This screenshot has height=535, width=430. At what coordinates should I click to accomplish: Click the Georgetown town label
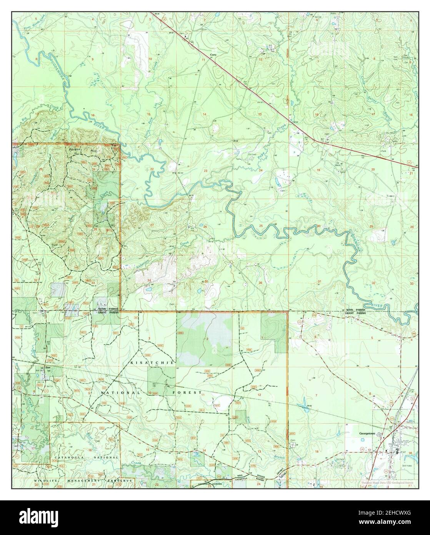pos(367,433)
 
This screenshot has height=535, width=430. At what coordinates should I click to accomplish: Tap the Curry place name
pos(213,55)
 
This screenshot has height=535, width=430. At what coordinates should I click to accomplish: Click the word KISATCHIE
pos(153,363)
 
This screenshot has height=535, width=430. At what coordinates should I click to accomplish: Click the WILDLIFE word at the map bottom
pos(45,481)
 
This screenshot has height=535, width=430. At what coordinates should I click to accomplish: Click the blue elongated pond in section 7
pos(304,401)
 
